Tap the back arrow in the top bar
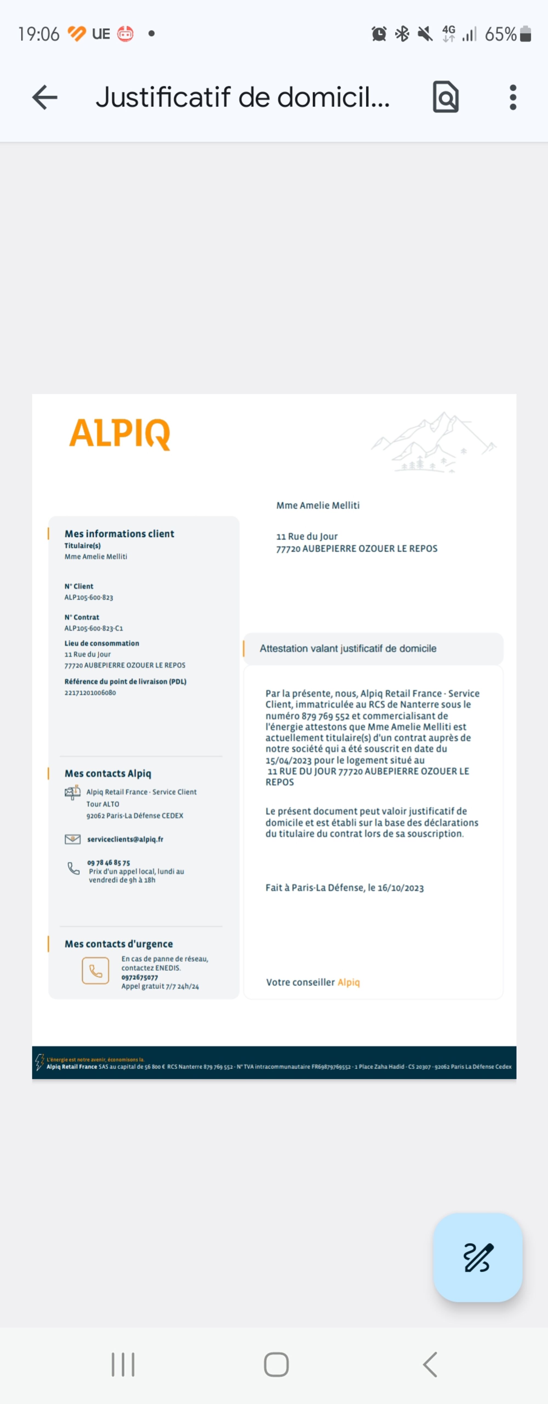tap(45, 98)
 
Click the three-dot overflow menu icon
tap(513, 98)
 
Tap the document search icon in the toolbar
tap(446, 98)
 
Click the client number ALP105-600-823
tap(89, 597)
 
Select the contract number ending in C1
tap(94, 628)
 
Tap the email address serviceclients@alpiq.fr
tap(125, 839)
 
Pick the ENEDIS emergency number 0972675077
tap(139, 977)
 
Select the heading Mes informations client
tap(119, 533)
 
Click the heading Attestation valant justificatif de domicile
tap(348, 649)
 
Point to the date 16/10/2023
tap(401, 888)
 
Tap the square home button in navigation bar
tap(276, 1364)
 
